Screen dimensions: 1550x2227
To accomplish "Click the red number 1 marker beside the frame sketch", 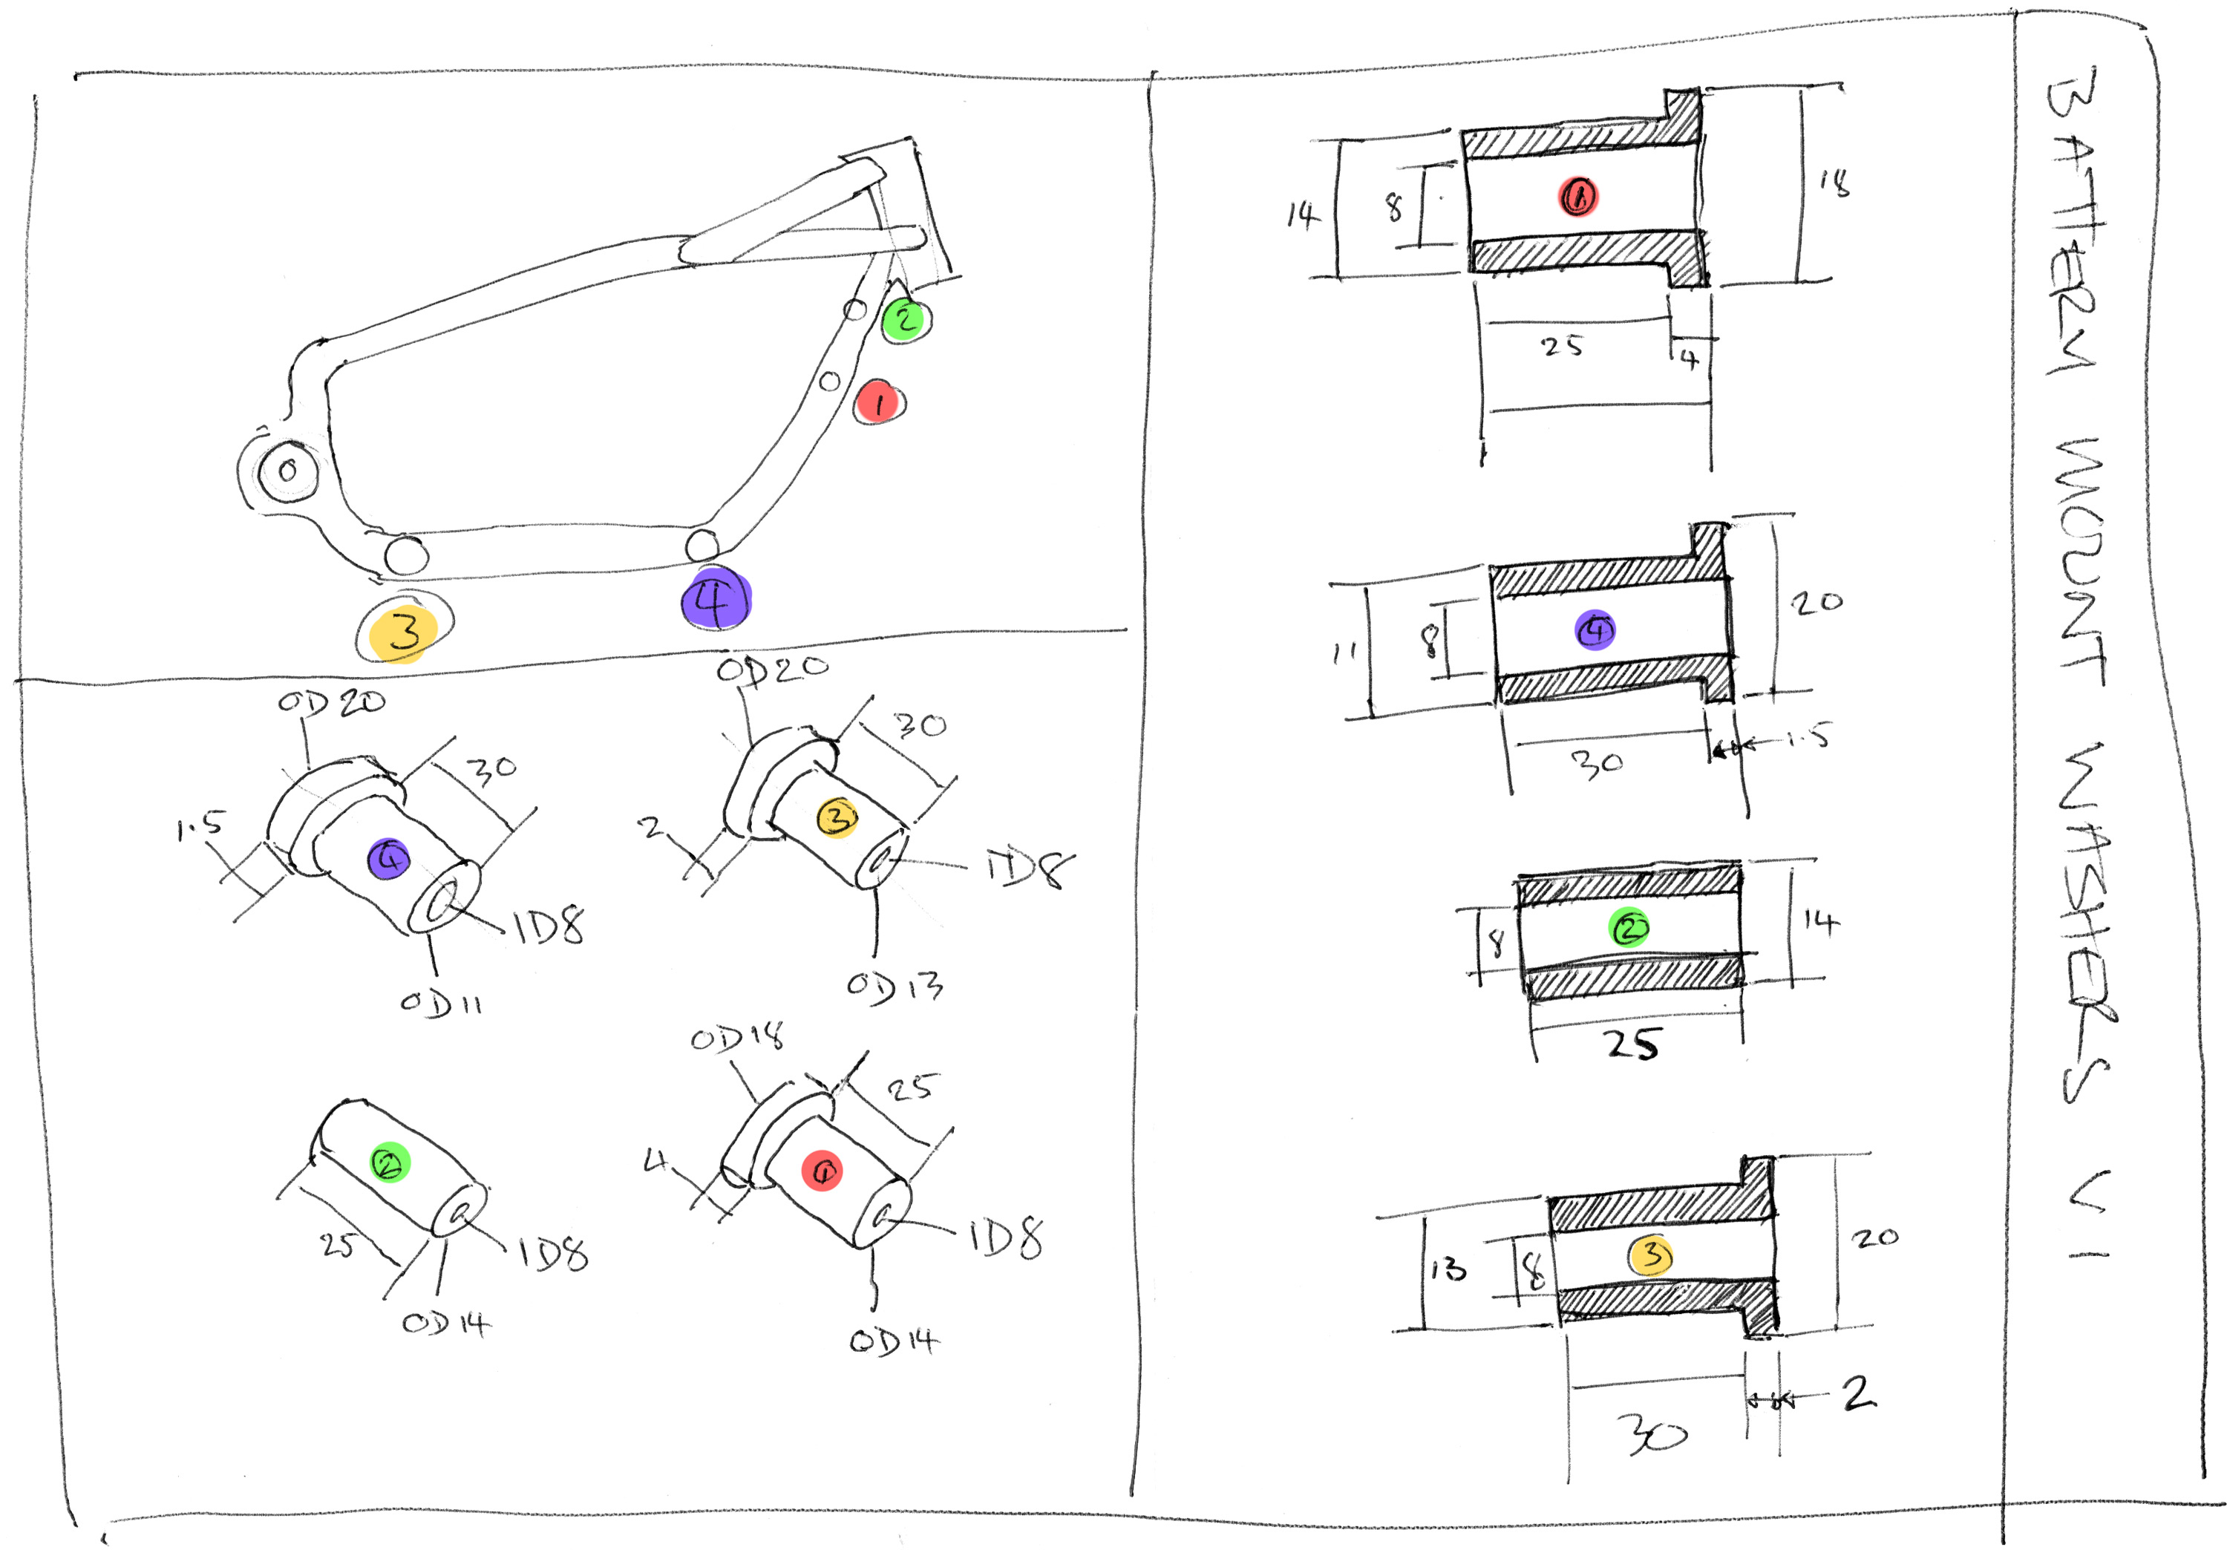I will coord(879,402).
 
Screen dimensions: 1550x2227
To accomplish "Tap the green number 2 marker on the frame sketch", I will coord(905,318).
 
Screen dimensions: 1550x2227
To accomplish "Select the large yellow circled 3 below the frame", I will coord(405,632).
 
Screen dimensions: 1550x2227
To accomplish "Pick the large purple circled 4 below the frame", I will coord(716,598).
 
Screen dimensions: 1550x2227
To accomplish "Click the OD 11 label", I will coord(442,1003).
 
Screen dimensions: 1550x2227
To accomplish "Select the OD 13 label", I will coord(895,987).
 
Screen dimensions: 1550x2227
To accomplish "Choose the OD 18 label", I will coord(737,1038).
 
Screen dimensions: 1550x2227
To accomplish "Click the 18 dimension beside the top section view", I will coord(1834,183).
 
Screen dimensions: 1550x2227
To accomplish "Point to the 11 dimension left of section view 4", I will coord(1344,653).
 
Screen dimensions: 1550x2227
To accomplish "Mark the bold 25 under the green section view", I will coord(1632,1044).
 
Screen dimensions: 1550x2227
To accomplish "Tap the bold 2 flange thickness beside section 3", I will coord(1858,1394).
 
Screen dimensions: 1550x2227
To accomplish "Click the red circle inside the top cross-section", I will coord(1578,196).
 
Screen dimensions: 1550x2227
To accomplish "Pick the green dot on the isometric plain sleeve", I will coord(390,1162).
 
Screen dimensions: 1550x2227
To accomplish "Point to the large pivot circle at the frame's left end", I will coord(287,471).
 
